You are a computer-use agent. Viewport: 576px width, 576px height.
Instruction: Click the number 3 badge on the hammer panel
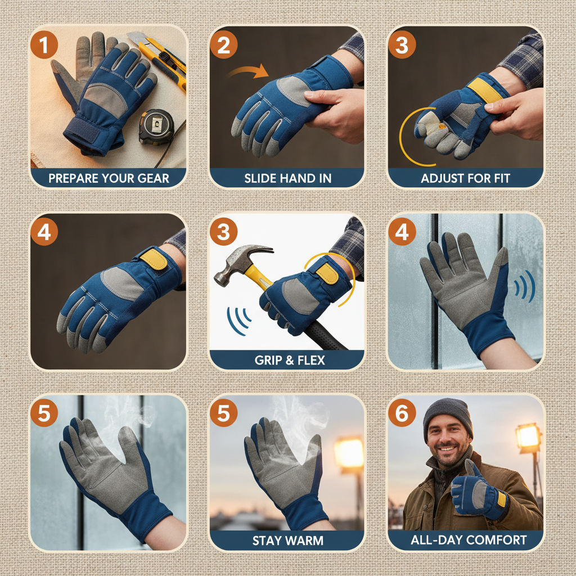tap(223, 232)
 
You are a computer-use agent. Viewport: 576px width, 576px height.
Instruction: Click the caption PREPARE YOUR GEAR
tap(109, 179)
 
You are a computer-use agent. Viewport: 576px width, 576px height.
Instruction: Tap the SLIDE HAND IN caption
tap(287, 179)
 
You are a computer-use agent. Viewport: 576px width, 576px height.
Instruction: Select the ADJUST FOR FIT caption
tap(466, 179)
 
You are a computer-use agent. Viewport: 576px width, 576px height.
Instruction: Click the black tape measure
tap(154, 126)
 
